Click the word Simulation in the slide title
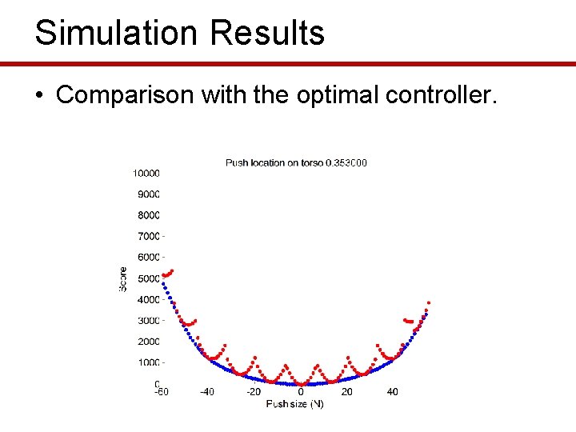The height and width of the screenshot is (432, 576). (x=103, y=34)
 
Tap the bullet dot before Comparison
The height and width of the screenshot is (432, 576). (x=38, y=95)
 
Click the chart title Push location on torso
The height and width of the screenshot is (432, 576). (x=274, y=163)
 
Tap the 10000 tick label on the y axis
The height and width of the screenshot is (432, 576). (x=146, y=173)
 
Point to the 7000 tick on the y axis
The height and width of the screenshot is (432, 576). (x=149, y=236)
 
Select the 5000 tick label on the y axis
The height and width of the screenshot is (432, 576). (x=149, y=278)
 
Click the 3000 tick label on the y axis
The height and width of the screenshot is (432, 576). (x=149, y=321)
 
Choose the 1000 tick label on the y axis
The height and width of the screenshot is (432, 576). (x=149, y=363)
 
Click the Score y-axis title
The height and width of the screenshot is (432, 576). (x=123, y=278)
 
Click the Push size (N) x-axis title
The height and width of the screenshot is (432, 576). (x=294, y=404)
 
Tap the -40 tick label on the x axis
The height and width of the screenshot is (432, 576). (x=206, y=392)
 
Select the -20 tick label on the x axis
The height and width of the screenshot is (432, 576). (x=253, y=392)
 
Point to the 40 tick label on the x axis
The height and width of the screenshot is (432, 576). (x=393, y=392)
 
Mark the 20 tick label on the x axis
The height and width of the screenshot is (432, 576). (x=346, y=392)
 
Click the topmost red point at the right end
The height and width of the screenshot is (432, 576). (x=429, y=303)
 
